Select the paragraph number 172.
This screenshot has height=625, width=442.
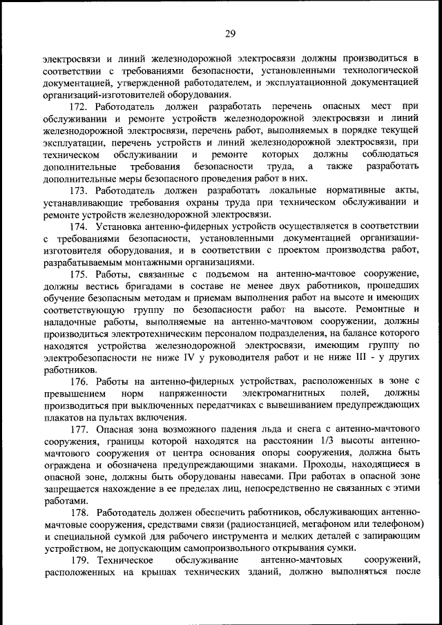pyautogui.click(x=79, y=107)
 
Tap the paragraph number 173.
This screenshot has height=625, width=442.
pyautogui.click(x=79, y=190)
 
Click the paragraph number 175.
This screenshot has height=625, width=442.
pyautogui.click(x=79, y=274)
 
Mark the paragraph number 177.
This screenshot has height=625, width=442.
pyautogui.click(x=79, y=430)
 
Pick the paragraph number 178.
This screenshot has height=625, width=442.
pyautogui.click(x=79, y=513)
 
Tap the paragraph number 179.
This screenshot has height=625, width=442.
pyautogui.click(x=79, y=561)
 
